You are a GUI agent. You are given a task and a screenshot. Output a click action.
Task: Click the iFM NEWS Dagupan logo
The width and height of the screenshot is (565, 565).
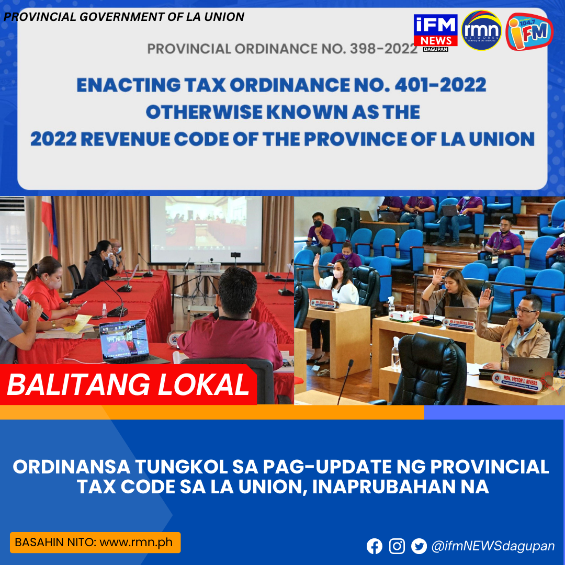click(435, 30)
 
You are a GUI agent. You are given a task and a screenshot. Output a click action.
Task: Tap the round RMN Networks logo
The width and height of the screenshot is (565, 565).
click(481, 30)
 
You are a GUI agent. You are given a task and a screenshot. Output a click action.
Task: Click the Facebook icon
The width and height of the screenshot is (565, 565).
click(375, 546)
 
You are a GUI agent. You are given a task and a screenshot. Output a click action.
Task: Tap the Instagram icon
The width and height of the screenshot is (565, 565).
click(397, 546)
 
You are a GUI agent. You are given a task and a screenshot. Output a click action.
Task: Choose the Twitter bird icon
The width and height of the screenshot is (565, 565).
click(419, 546)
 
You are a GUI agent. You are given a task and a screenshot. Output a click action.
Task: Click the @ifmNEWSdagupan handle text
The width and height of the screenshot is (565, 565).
click(493, 546)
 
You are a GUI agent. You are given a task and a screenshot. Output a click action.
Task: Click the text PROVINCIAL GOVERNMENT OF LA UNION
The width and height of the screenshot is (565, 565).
click(124, 17)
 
